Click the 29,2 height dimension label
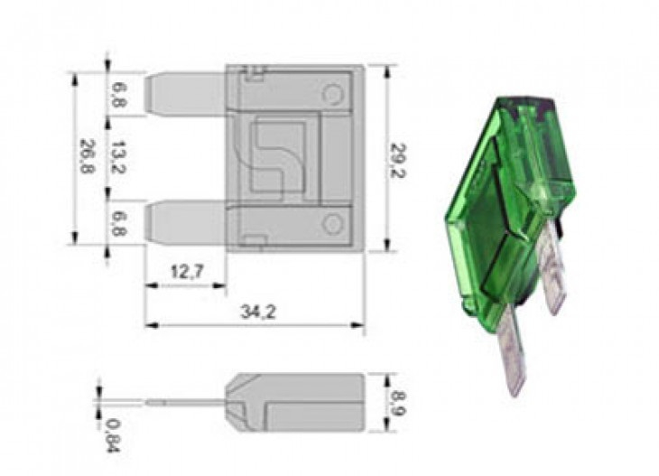(x=397, y=161)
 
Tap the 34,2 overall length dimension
(x=257, y=312)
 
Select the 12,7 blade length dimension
(x=187, y=272)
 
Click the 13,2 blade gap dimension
(x=118, y=157)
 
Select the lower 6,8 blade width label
(x=118, y=223)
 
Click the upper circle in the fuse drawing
(x=333, y=95)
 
